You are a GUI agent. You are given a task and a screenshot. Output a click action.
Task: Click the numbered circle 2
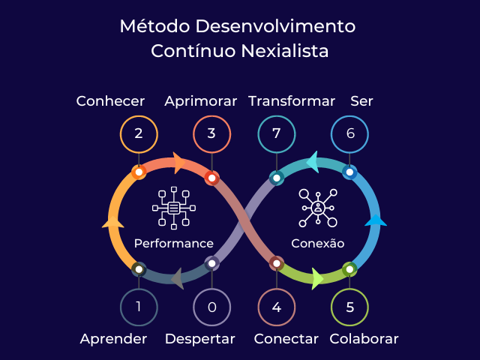point(139,134)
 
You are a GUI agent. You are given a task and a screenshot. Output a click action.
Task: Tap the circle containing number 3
point(211,134)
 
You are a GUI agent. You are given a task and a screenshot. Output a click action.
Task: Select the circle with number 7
point(277,134)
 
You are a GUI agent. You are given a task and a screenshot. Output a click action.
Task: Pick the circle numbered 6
point(349,134)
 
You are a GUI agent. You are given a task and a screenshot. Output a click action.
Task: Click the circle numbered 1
point(139,307)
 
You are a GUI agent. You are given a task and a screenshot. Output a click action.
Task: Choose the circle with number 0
point(211,307)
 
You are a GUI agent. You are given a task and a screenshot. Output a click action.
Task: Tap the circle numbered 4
point(277,307)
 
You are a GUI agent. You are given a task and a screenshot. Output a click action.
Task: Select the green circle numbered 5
point(349,307)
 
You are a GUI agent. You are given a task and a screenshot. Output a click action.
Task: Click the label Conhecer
point(110,100)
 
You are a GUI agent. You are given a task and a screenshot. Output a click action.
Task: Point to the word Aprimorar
point(201,100)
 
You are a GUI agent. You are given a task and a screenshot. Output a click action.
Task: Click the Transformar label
point(292,100)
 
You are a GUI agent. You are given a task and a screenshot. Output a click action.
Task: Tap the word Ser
point(361,100)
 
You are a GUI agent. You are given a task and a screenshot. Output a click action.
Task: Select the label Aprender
point(113,339)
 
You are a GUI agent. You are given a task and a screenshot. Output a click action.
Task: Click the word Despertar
point(200,339)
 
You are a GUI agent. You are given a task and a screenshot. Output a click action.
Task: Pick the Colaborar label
point(364,339)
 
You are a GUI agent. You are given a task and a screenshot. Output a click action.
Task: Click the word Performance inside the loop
point(174,244)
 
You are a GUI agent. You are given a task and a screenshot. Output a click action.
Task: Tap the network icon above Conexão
point(318,207)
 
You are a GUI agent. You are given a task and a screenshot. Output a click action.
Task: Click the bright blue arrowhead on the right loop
point(375,220)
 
